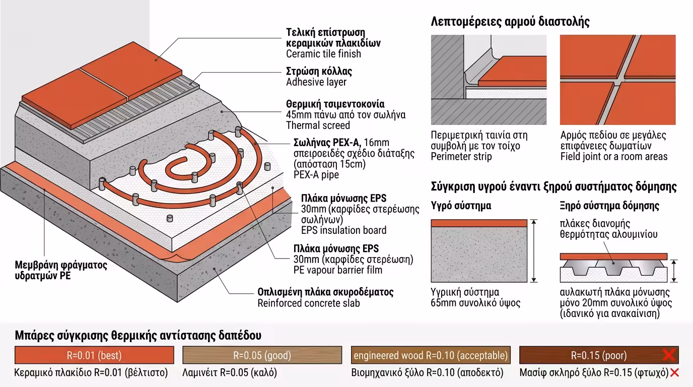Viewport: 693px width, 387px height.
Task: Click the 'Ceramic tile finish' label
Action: point(323,54)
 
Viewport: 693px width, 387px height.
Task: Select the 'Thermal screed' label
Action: point(318,125)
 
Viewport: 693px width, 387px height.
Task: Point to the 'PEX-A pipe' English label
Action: point(316,175)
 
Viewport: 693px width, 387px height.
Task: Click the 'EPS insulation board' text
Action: point(343,230)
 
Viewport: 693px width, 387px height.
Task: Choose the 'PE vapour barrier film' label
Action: point(337,270)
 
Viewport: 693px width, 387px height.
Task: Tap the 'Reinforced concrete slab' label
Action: point(309,303)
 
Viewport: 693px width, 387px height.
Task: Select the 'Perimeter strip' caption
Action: point(461,157)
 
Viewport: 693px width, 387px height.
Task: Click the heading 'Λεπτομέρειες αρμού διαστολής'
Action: point(510,22)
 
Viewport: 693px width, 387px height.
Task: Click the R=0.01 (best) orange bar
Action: point(94,355)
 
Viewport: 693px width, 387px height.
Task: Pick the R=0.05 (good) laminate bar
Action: point(262,355)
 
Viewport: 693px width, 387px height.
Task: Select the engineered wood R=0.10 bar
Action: point(431,355)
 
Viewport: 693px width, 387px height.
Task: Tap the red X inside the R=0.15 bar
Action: point(669,355)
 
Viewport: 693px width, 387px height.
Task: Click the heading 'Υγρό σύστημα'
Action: point(461,206)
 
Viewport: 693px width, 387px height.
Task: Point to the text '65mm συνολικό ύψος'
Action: point(475,303)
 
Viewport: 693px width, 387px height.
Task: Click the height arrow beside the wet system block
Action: point(534,250)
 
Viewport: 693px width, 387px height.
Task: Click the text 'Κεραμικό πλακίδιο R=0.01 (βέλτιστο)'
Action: point(94,373)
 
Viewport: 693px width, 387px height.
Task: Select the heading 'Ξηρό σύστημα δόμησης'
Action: point(609,206)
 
